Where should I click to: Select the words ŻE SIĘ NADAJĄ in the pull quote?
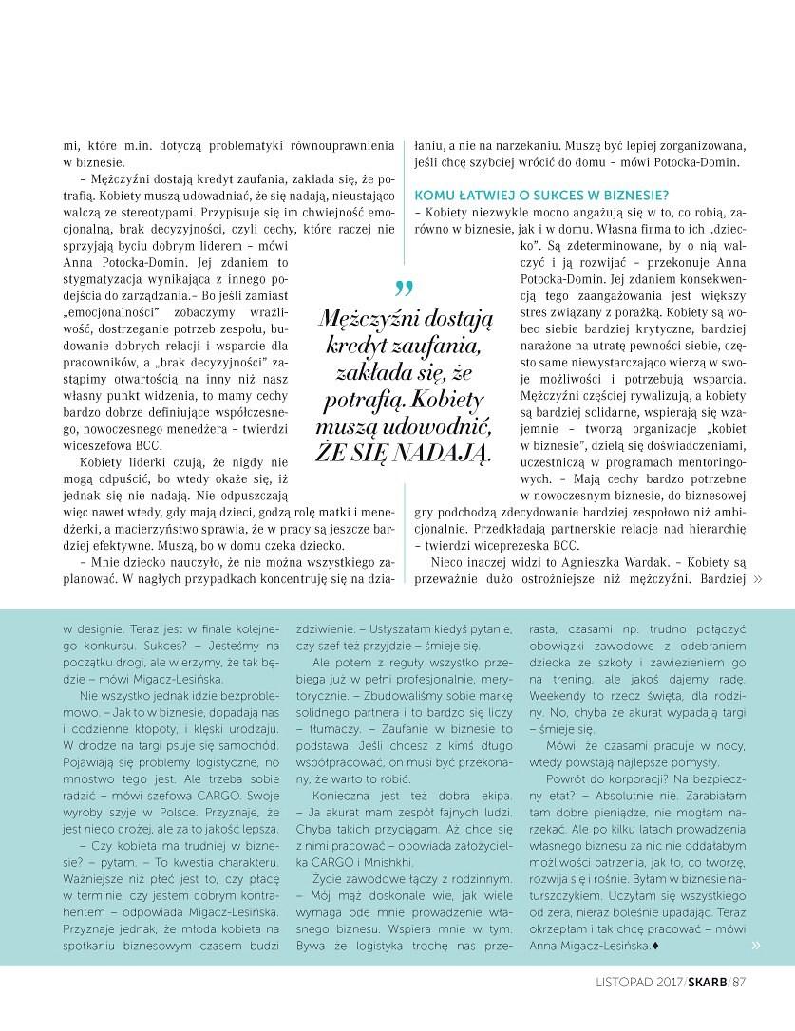(406, 452)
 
